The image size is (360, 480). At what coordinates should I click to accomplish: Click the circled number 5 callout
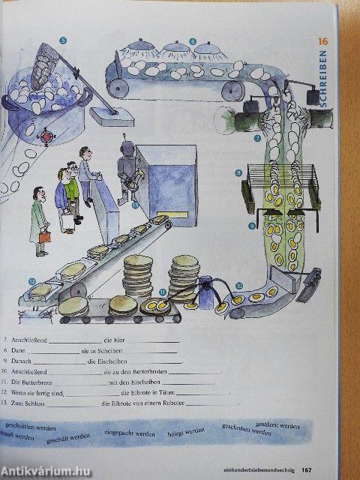click(63, 40)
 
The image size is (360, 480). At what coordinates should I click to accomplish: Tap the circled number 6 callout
click(193, 41)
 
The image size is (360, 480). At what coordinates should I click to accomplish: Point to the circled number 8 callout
click(238, 173)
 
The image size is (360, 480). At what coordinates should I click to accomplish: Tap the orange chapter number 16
click(323, 42)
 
